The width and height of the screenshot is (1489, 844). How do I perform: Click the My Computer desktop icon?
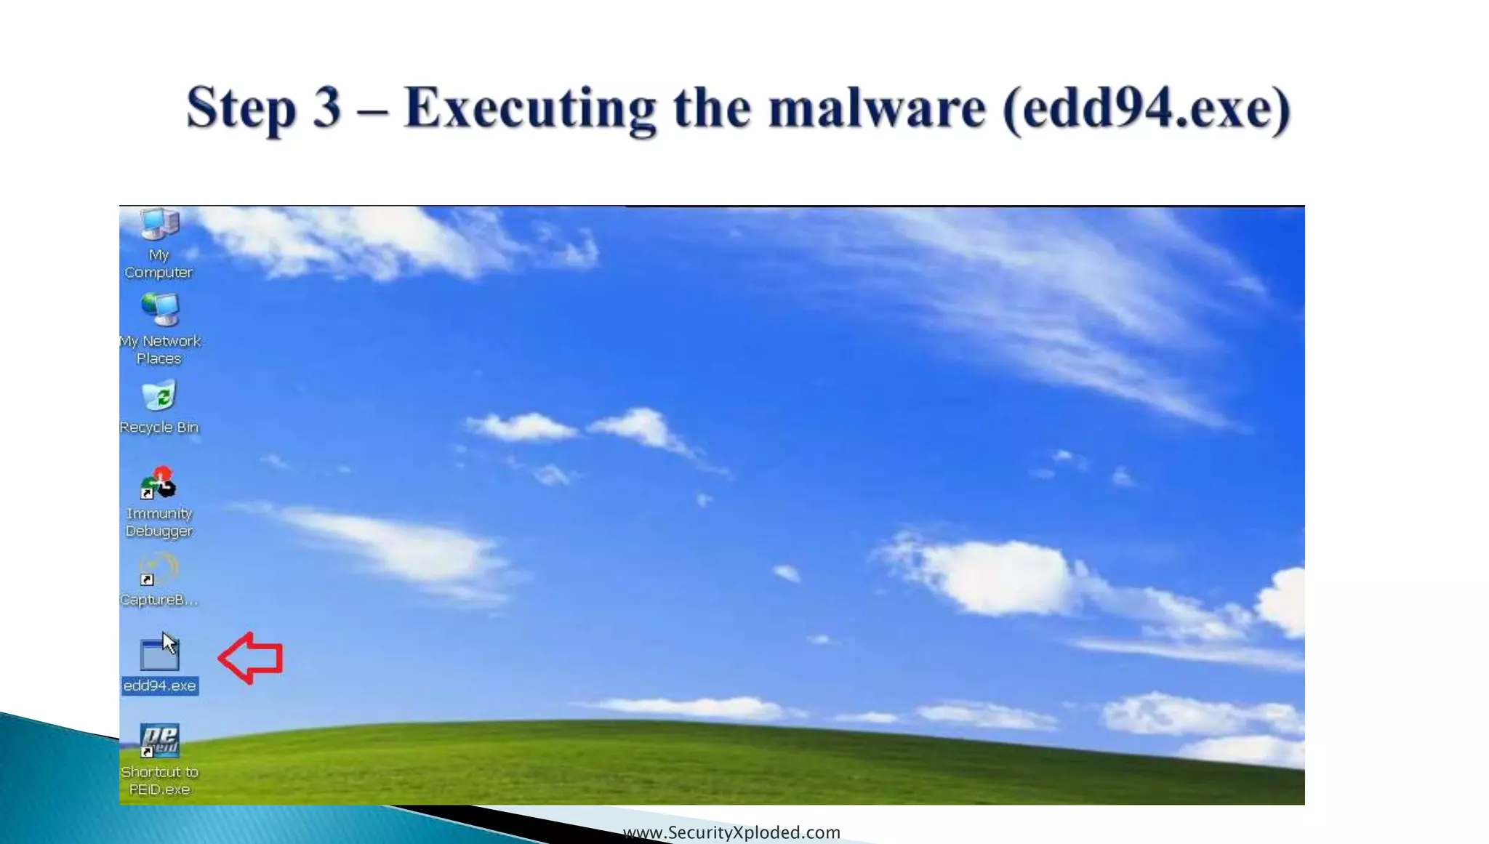point(159,225)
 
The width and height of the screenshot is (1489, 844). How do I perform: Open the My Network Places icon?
point(160,310)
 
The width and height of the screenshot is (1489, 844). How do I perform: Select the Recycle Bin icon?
point(159,396)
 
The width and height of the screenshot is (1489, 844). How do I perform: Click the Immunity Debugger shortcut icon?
point(158,483)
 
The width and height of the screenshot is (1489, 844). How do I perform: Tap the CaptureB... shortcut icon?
point(158,569)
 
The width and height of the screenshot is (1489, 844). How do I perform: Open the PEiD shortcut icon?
point(159,741)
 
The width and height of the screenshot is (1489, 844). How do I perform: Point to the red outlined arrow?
point(251,658)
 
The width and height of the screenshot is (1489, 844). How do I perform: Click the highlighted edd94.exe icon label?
point(160,686)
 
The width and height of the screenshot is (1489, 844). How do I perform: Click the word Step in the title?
point(241,108)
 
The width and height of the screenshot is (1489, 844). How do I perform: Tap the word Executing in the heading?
point(530,108)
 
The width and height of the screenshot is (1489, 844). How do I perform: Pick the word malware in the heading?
point(877,108)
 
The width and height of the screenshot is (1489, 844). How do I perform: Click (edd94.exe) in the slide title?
point(1146,108)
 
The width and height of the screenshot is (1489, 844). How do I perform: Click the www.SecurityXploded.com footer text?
point(731,832)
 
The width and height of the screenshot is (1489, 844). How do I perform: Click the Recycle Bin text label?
point(159,427)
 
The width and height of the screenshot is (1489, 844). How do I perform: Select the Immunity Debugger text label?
point(159,522)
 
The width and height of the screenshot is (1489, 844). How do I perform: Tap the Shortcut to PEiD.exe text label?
point(159,780)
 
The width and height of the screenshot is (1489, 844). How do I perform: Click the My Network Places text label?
point(160,350)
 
